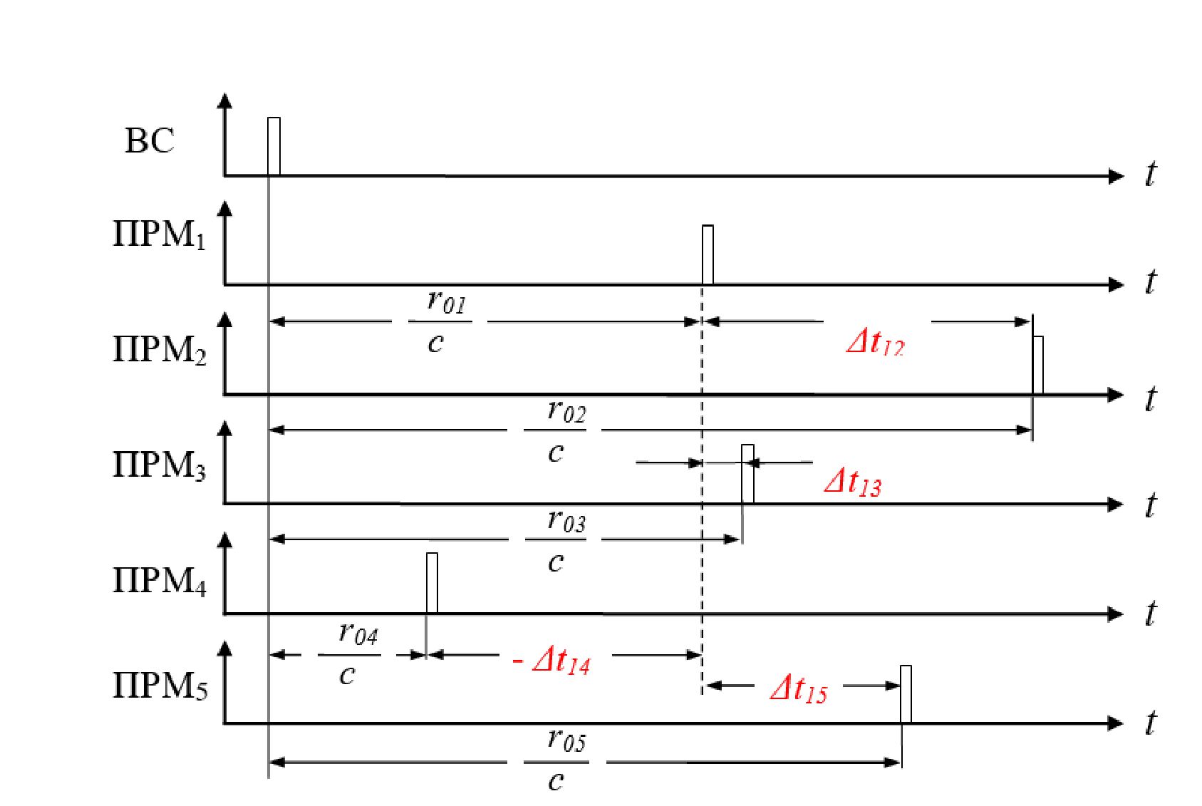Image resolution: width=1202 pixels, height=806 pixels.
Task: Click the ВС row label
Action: click(x=149, y=140)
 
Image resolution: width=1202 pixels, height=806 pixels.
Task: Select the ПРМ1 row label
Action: click(x=160, y=235)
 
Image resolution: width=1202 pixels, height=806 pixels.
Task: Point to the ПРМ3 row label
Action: click(x=160, y=465)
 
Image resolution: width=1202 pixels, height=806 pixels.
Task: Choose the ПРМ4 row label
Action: click(x=160, y=582)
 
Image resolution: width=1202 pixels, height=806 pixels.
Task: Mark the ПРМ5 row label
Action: click(x=160, y=686)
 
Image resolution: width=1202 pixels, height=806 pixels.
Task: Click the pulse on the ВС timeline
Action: click(x=274, y=146)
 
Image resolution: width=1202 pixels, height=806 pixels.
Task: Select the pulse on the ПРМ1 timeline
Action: click(x=708, y=255)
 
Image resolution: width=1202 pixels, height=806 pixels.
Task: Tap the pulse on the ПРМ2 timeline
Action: click(x=1038, y=365)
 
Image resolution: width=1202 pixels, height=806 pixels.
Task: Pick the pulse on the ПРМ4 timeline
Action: click(x=432, y=583)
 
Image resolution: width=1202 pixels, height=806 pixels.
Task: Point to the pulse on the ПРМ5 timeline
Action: click(x=906, y=694)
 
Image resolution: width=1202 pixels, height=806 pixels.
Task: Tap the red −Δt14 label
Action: click(x=552, y=661)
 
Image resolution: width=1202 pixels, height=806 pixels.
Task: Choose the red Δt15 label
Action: click(x=799, y=689)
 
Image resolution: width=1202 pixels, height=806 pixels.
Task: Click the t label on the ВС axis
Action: click(x=1150, y=174)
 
